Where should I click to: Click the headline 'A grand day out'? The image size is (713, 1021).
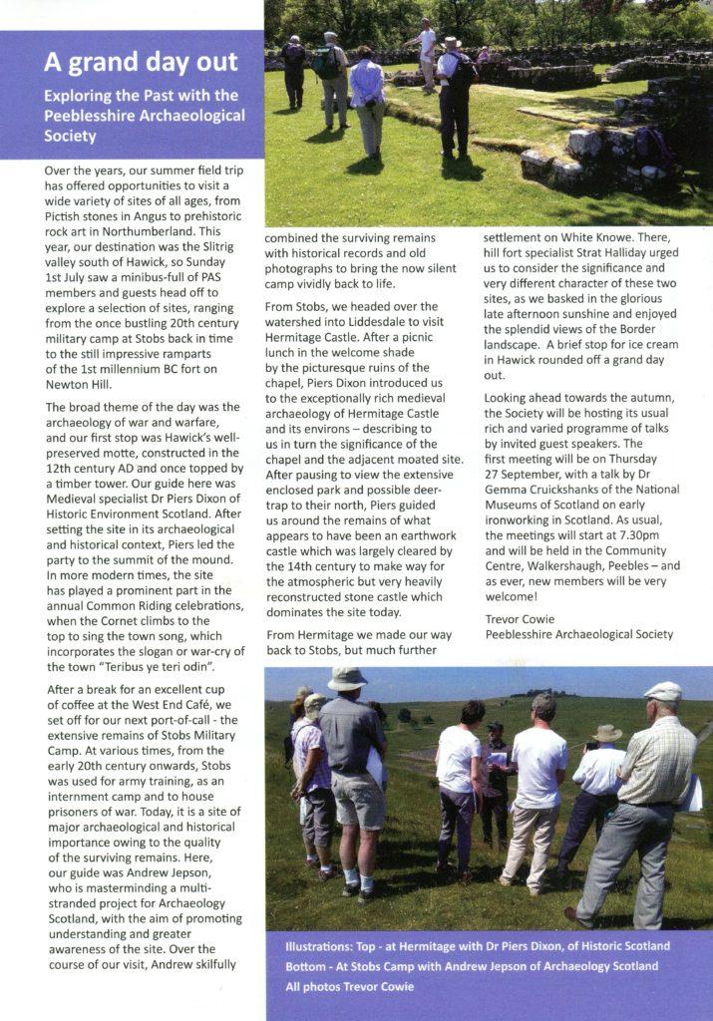(x=141, y=63)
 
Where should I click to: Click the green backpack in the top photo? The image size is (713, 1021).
(x=325, y=63)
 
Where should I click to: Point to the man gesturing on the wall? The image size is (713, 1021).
(x=426, y=45)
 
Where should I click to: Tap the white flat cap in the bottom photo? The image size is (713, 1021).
(x=663, y=690)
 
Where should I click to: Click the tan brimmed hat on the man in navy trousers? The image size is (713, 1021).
(x=607, y=733)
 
